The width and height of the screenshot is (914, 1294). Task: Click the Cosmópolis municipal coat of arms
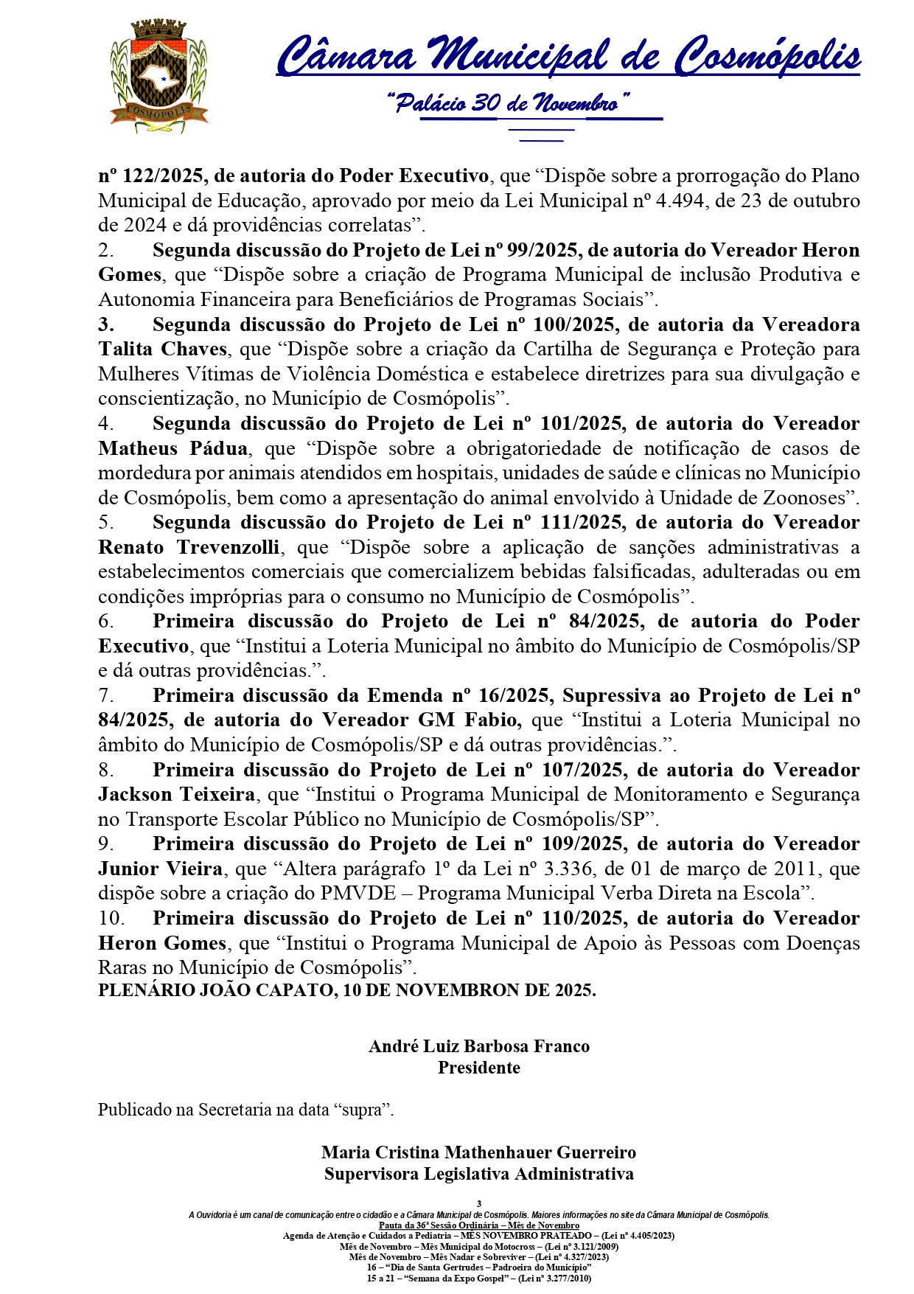pyautogui.click(x=158, y=76)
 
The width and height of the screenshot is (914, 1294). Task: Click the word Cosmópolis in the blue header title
pyautogui.click(x=768, y=56)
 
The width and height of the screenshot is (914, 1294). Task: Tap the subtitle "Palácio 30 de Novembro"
pyautogui.click(x=508, y=102)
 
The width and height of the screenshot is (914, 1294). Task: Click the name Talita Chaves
pyautogui.click(x=162, y=349)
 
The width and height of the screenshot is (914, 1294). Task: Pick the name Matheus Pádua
pyautogui.click(x=173, y=448)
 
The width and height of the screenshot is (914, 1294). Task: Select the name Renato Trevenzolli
pyautogui.click(x=189, y=547)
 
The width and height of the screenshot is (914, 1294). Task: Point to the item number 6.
pyautogui.click(x=105, y=622)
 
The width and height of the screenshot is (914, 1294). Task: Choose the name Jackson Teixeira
pyautogui.click(x=177, y=794)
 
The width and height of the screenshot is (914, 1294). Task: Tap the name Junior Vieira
pyautogui.click(x=161, y=869)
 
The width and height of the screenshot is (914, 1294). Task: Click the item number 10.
pyautogui.click(x=111, y=918)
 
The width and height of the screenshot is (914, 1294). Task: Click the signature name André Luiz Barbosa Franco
pyautogui.click(x=479, y=1046)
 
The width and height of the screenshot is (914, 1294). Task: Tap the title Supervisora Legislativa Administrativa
pyautogui.click(x=479, y=1173)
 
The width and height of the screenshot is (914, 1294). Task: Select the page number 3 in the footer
pyautogui.click(x=479, y=1203)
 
